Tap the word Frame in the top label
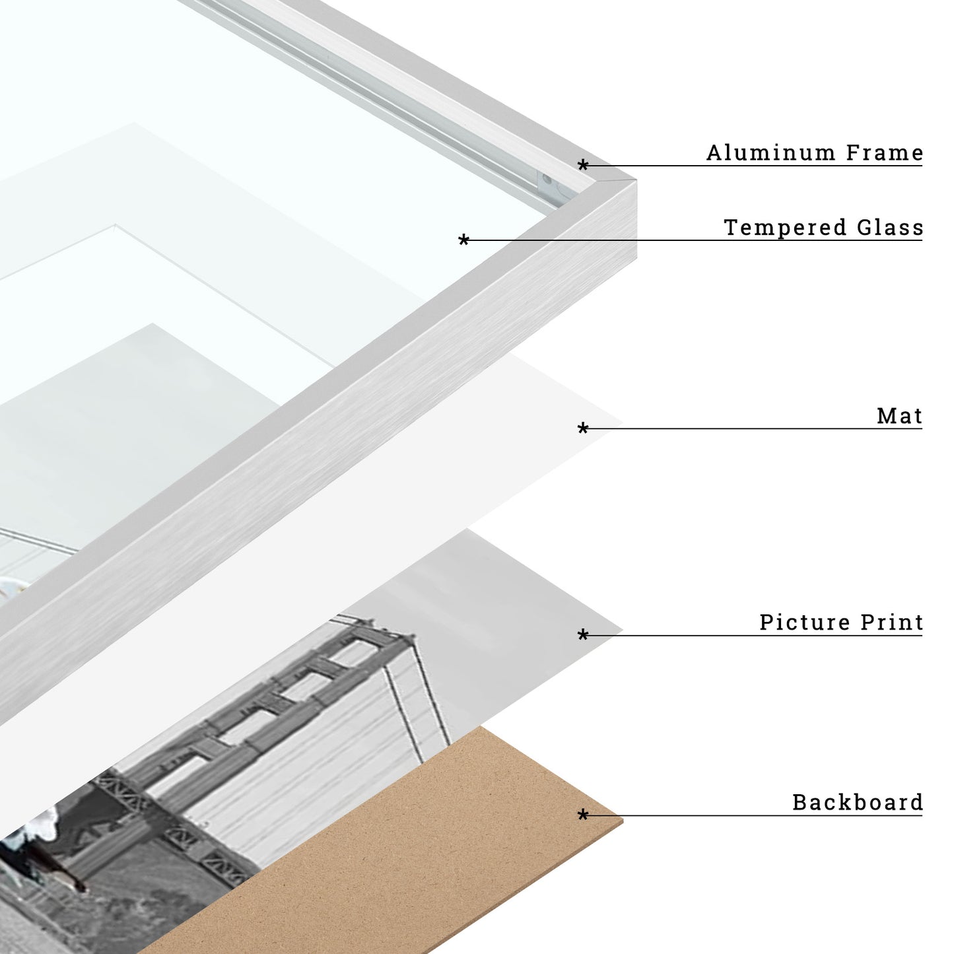coord(884,153)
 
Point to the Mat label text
coord(900,416)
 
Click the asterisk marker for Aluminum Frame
coord(583,164)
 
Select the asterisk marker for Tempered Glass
coord(463,240)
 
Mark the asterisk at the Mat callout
coord(583,428)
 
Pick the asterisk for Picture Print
coord(583,634)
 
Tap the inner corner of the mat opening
coord(115,225)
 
